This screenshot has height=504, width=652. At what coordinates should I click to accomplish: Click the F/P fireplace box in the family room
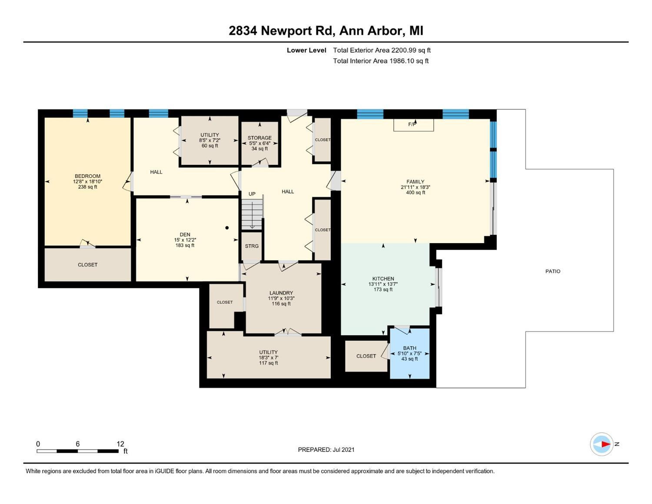click(x=413, y=125)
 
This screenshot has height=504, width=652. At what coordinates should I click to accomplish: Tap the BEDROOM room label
click(x=87, y=176)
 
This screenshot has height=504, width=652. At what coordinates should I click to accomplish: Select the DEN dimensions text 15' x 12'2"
click(x=185, y=240)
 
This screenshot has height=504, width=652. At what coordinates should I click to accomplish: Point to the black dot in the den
click(x=227, y=228)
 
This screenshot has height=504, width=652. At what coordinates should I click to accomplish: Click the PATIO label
click(x=553, y=271)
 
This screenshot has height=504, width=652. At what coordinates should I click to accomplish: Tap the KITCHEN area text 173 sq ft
click(x=383, y=289)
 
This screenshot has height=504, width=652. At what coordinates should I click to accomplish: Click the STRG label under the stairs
click(x=252, y=246)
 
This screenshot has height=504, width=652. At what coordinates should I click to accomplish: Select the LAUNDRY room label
click(x=281, y=293)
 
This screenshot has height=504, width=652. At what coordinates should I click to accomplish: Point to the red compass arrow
click(x=605, y=444)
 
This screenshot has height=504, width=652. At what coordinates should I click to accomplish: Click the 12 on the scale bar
click(x=120, y=444)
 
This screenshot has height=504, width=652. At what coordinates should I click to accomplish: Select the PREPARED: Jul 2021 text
click(x=326, y=450)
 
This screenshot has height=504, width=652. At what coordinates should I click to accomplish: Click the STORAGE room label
click(x=259, y=138)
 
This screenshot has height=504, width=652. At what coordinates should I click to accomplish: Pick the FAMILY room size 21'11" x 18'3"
click(x=415, y=187)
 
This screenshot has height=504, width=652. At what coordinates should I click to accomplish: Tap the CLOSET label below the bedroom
click(x=88, y=265)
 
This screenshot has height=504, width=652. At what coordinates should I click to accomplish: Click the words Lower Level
click(x=306, y=50)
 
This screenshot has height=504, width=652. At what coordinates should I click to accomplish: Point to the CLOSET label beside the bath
click(x=366, y=356)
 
